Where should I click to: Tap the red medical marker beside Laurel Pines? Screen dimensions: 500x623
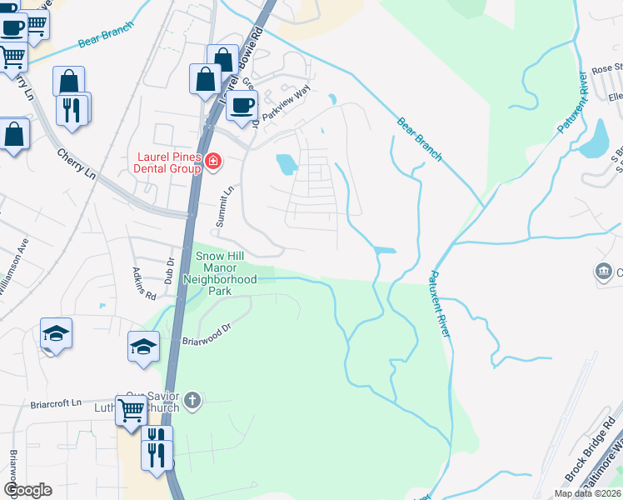[x=213, y=161]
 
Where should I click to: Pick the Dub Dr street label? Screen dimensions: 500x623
[x=169, y=272]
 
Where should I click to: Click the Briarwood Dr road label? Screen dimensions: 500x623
[x=205, y=340]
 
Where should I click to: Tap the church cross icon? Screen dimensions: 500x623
[x=192, y=402]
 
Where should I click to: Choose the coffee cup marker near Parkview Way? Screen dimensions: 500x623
[x=242, y=106]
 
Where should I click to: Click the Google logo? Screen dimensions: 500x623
[x=27, y=490]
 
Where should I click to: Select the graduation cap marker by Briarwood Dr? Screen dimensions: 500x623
[x=143, y=346]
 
